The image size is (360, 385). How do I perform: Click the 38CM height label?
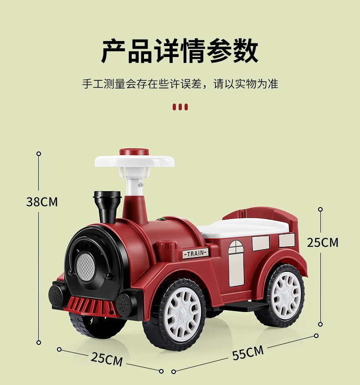click(42, 202)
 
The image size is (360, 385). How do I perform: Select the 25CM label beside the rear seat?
click(323, 242)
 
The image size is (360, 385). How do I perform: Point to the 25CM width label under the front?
click(107, 359)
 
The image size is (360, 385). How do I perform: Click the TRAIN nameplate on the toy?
click(195, 254)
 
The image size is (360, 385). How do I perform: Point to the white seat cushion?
click(246, 226)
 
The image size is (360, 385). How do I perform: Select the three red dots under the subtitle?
click(180, 108)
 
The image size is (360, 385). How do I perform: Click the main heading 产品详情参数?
click(180, 51)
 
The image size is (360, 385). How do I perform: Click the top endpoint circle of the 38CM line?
click(39, 154)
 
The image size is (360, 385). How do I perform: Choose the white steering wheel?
click(135, 161)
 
